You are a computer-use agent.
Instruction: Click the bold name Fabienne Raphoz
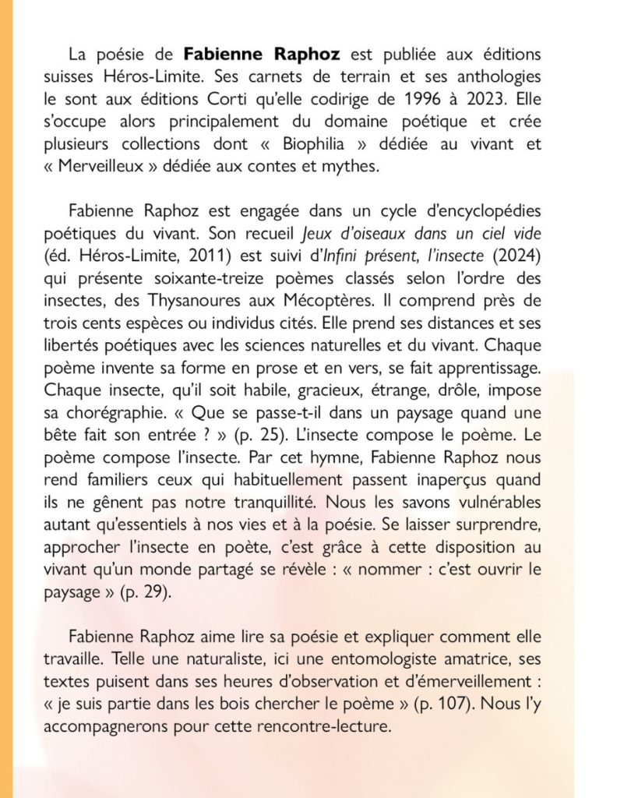(252, 56)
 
